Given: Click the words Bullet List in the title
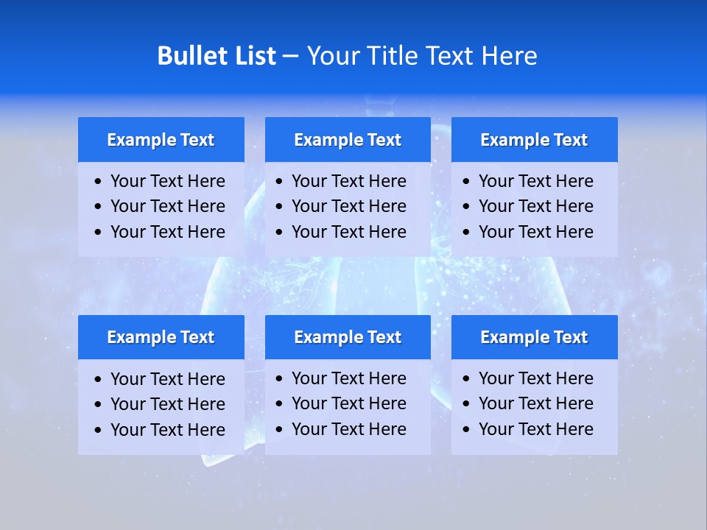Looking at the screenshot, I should coord(217,56).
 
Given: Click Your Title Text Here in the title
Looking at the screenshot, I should coord(422,56).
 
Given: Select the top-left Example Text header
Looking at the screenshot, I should coord(161,140).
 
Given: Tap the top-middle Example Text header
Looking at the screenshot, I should coord(348,140).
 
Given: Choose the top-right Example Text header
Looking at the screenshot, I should coord(534,140).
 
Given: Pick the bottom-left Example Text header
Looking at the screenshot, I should coord(161,337).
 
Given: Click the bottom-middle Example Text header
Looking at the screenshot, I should coord(348,337).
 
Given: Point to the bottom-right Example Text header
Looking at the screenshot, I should coord(534,337).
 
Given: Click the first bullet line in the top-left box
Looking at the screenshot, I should coord(167,181).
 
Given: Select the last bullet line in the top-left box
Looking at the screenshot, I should coord(167,232).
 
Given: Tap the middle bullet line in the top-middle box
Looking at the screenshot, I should coord(348,206).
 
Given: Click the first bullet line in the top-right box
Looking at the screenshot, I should coord(535,181).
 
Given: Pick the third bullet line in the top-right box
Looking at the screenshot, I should coord(535,232).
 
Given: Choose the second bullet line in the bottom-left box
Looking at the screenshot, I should coord(167,404).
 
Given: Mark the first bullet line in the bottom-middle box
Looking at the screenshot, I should coord(348,378).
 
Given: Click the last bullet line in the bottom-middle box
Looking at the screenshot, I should coord(348,429).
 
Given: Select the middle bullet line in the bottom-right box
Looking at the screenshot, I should coord(535,403).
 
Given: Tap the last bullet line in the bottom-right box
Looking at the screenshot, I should coord(535,429).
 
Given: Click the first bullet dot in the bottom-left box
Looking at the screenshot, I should coord(99,380).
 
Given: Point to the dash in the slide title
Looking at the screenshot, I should coord(291,57).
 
